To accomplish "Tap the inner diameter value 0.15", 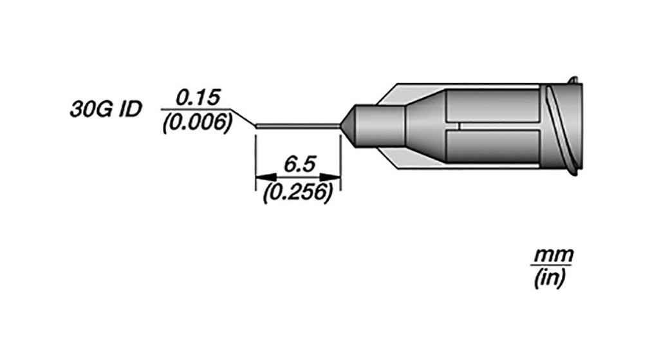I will point(198,98).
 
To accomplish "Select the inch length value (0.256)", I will point(298,191).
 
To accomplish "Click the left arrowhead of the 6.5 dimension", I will point(265,177).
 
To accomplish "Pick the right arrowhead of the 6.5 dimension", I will point(332,177).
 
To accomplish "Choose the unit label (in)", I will point(550,279).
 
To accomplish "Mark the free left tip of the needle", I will point(257,126).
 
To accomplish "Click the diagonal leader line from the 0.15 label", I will point(244,118).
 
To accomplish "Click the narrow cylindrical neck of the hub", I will point(380,126).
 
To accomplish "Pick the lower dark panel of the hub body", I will point(492,147).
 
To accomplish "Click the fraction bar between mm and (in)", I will point(552,267).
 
